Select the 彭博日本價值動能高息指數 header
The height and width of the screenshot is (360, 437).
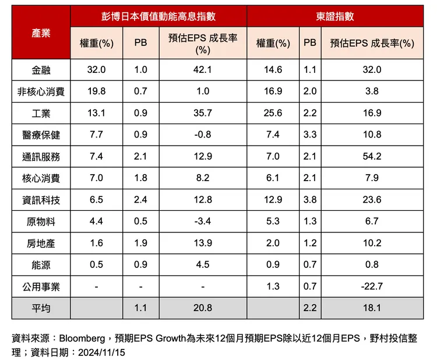[x=158, y=17]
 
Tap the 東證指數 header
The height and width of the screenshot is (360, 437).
[x=335, y=17]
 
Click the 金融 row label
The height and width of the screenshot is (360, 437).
[x=41, y=70]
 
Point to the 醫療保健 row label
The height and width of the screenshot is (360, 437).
[x=41, y=135]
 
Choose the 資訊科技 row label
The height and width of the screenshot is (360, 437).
[x=41, y=200]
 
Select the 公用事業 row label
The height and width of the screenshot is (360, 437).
[x=41, y=287]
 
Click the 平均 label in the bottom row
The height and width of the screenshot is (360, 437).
[x=41, y=308]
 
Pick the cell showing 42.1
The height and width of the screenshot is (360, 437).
[x=203, y=70]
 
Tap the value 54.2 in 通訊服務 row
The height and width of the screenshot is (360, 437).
[x=372, y=157]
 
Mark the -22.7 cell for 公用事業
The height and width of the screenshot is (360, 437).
[x=372, y=287]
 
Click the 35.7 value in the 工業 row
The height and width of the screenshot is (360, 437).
[x=203, y=113]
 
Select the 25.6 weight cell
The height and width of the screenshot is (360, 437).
[x=273, y=113]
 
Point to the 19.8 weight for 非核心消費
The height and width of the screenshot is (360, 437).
[x=96, y=91]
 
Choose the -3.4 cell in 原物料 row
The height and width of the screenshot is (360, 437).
[x=203, y=221]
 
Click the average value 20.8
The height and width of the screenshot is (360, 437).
[x=203, y=308]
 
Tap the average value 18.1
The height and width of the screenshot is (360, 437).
[x=372, y=308]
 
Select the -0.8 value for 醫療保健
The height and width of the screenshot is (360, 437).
[x=203, y=135]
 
